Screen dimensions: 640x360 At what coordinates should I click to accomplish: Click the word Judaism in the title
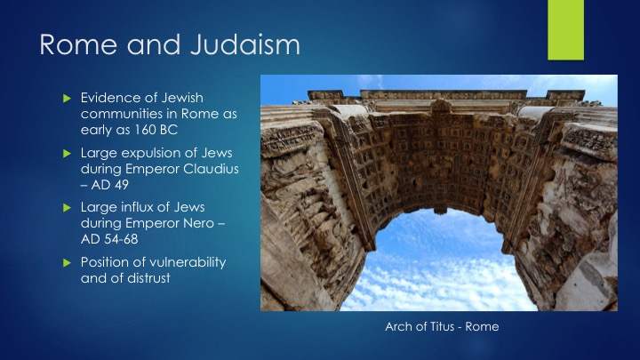(245, 44)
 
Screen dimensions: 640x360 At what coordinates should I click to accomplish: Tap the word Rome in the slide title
(78, 44)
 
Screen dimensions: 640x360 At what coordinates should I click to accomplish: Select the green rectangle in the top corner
(565, 30)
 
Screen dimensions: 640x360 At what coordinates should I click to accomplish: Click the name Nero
(200, 223)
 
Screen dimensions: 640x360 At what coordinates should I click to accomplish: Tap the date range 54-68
(121, 239)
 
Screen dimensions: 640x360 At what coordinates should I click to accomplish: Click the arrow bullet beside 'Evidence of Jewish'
(68, 99)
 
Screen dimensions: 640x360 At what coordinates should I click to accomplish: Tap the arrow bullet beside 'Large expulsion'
(68, 154)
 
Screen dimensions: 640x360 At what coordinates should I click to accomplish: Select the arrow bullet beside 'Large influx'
(68, 208)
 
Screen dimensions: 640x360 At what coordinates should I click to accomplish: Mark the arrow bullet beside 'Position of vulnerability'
(68, 263)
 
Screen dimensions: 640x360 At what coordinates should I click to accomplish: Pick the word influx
(140, 207)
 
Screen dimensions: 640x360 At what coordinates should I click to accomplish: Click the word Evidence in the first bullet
(108, 98)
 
